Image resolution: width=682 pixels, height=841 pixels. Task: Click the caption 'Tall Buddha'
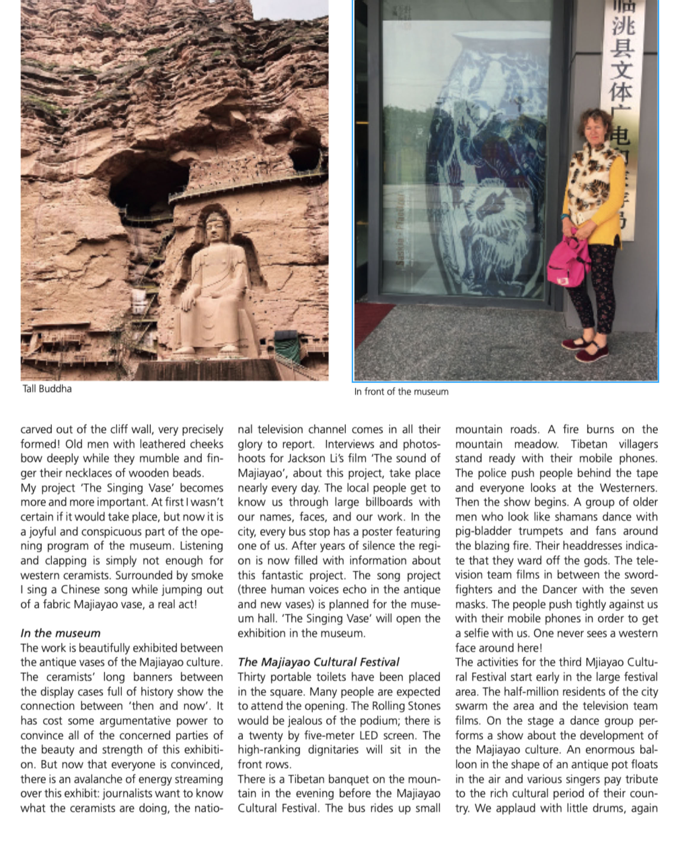pos(47,389)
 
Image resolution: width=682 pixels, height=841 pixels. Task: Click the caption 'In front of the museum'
pos(401,391)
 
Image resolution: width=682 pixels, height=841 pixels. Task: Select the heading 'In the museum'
pos(60,633)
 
